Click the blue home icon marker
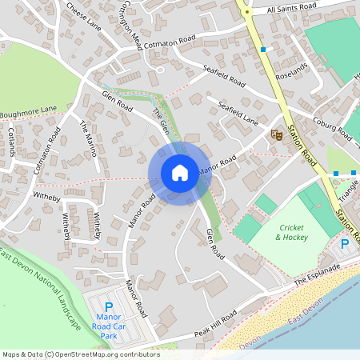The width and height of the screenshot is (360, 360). (180, 173)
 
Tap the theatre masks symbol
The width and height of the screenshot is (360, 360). (277, 135)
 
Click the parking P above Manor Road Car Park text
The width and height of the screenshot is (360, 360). (109, 307)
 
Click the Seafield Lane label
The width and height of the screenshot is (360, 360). (233, 111)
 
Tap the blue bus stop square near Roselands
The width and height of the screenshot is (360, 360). (262, 50)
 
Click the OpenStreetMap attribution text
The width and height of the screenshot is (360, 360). (80, 354)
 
